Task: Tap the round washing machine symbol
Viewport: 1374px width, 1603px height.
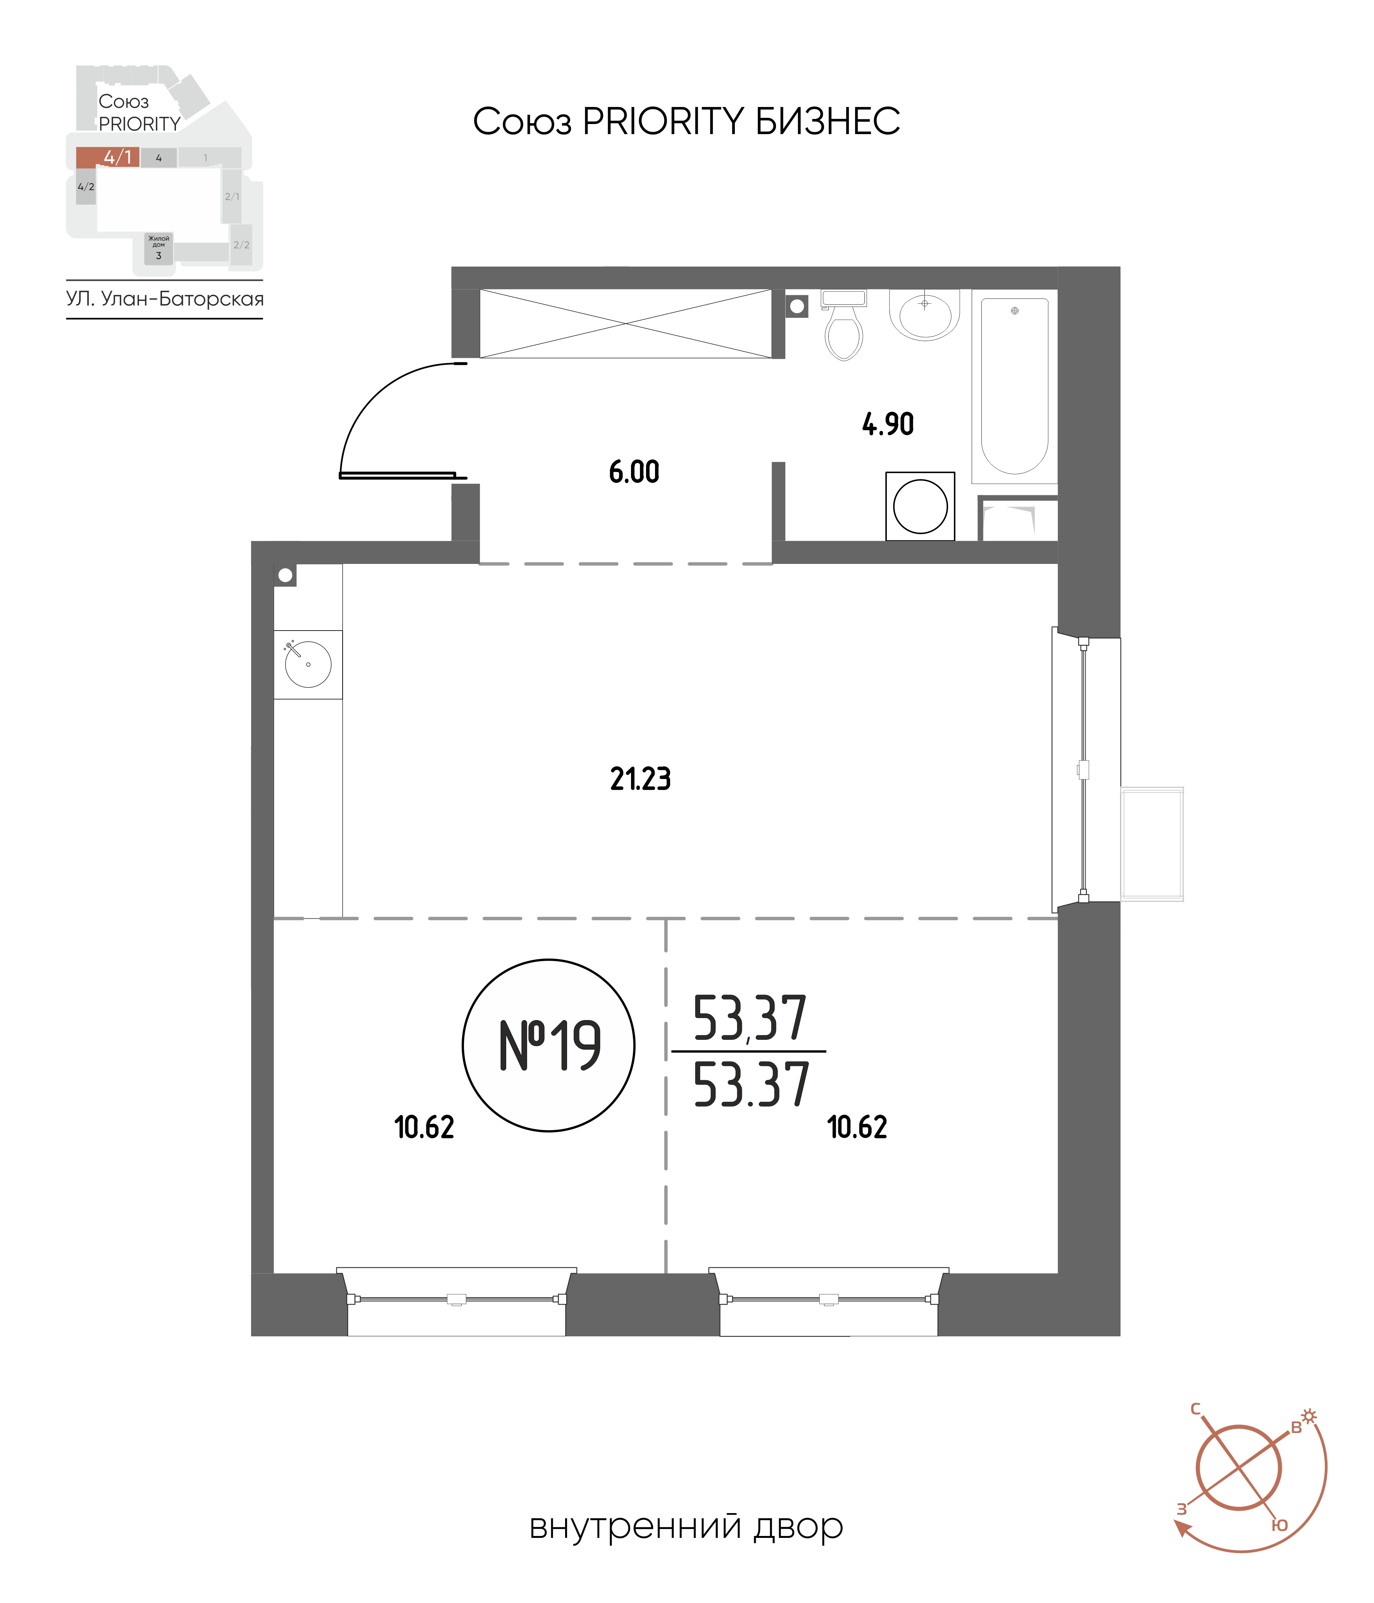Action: point(920,507)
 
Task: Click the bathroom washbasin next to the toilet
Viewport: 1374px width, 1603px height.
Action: point(924,314)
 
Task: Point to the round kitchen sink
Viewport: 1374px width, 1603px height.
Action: point(308,664)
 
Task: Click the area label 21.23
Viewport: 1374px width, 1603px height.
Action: point(641,779)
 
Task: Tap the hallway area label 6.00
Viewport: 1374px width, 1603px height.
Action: point(634,472)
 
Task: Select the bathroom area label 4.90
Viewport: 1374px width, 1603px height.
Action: point(888,424)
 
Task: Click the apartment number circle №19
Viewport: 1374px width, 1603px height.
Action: point(548,1045)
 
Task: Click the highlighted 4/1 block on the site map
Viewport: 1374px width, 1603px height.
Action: point(107,157)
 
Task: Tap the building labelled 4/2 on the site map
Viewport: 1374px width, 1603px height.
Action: point(86,187)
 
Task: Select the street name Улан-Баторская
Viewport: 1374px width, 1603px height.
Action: point(183,300)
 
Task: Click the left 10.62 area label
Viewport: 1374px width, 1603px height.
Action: point(424,1128)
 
